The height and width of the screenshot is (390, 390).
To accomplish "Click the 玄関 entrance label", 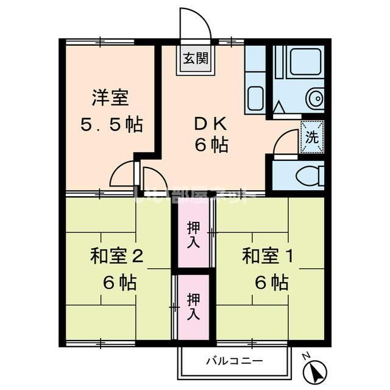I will [196, 59].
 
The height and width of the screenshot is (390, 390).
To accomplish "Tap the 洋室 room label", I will [110, 97].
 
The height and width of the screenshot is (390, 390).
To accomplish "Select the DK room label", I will [210, 124].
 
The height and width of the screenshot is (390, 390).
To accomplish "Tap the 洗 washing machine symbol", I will [311, 137].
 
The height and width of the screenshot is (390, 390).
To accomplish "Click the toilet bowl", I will [310, 176].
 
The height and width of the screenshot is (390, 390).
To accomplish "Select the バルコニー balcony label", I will [234, 361].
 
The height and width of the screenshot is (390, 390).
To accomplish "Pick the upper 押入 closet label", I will [193, 235].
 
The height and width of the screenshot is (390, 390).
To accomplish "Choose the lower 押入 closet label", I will [193, 307].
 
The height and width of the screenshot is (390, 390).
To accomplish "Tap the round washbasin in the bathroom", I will [315, 99].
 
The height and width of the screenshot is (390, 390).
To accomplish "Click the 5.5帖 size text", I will [112, 125].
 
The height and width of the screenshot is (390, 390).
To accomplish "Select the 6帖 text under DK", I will [211, 146].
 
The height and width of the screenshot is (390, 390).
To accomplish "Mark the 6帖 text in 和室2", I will [119, 282].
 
